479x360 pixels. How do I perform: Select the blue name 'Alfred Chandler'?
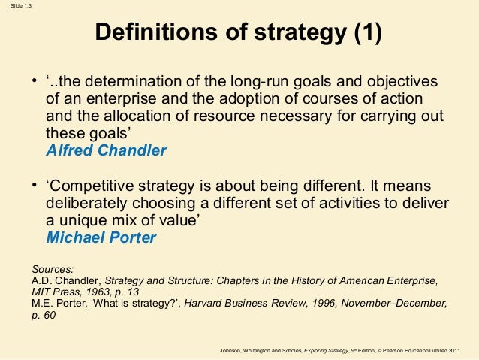106,150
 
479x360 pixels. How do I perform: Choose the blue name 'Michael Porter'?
101,237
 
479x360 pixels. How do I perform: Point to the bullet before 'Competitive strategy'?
35,186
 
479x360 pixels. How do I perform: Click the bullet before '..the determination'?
35,81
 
